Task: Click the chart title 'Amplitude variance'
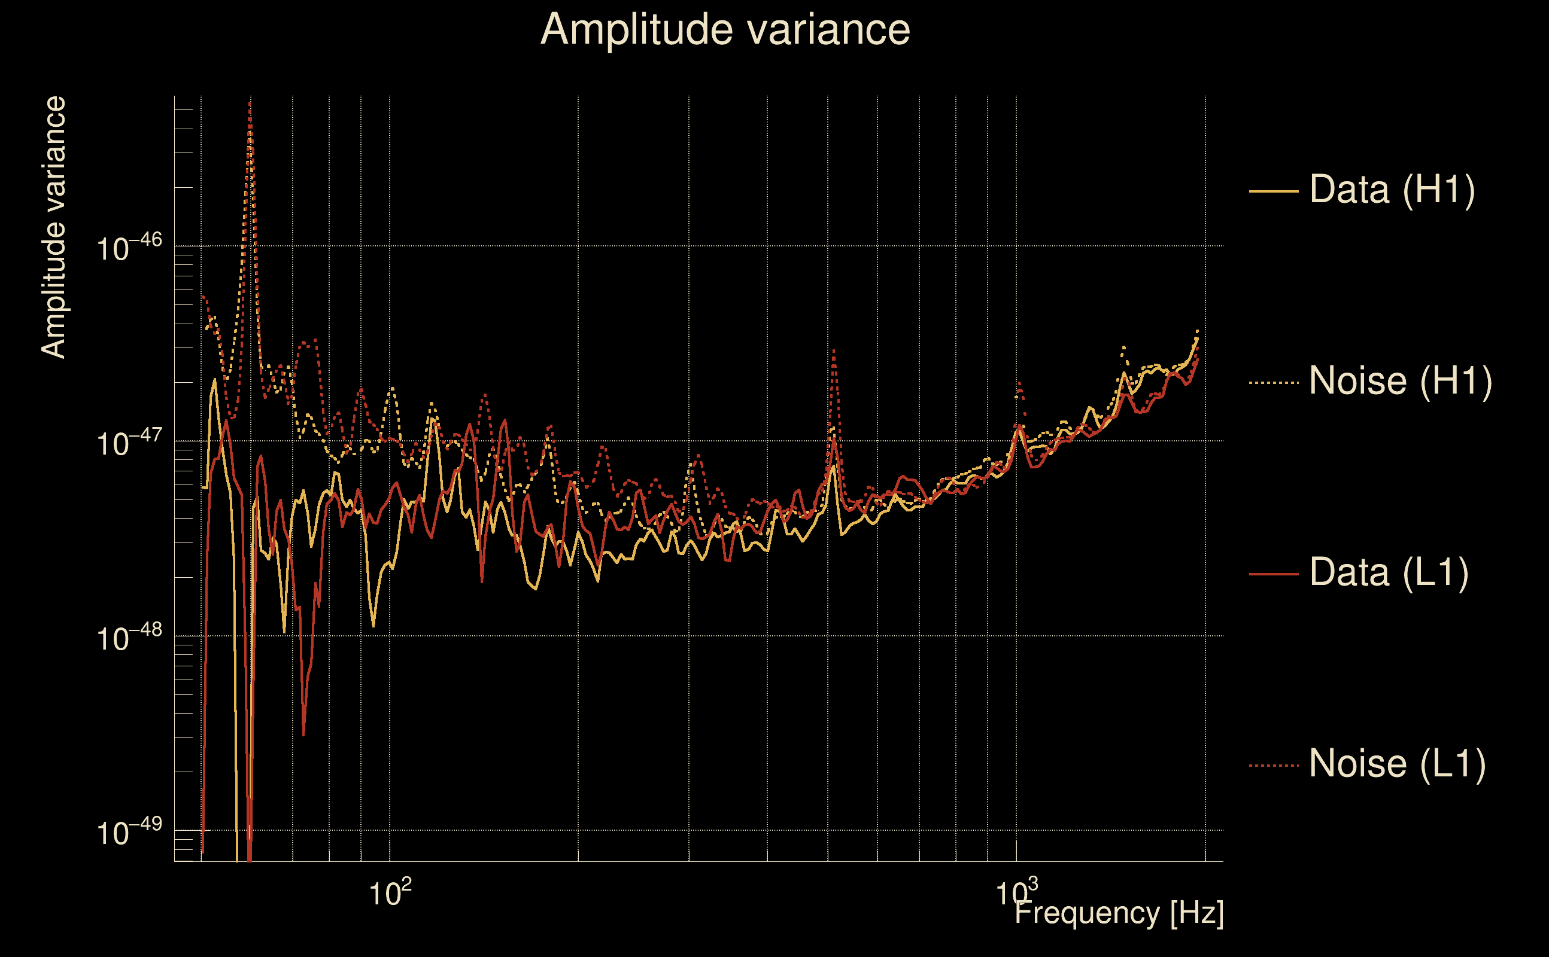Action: [725, 30]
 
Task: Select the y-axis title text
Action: [53, 227]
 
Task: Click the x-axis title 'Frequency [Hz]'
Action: [1119, 913]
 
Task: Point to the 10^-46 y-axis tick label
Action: [129, 248]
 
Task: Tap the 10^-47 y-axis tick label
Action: [129, 443]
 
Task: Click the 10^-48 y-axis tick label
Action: [129, 638]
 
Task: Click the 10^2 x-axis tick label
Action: [390, 892]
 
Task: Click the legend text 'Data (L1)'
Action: [1389, 573]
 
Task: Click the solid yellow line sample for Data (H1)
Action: [1274, 191]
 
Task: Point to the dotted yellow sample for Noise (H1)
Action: [1274, 382]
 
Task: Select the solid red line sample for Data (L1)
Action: [1274, 574]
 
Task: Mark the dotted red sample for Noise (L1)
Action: [1274, 765]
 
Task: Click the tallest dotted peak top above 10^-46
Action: [250, 104]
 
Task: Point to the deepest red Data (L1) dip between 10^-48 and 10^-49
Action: [303, 735]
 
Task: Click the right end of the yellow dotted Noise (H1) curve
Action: [1197, 330]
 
